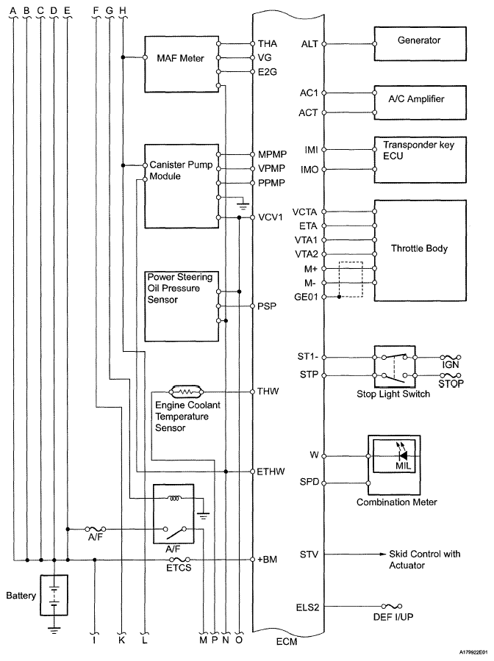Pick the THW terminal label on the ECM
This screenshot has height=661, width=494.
[267, 391]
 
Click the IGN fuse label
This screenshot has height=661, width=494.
[451, 364]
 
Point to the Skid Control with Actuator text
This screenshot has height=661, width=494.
[425, 560]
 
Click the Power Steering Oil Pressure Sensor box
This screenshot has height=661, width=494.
[182, 304]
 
